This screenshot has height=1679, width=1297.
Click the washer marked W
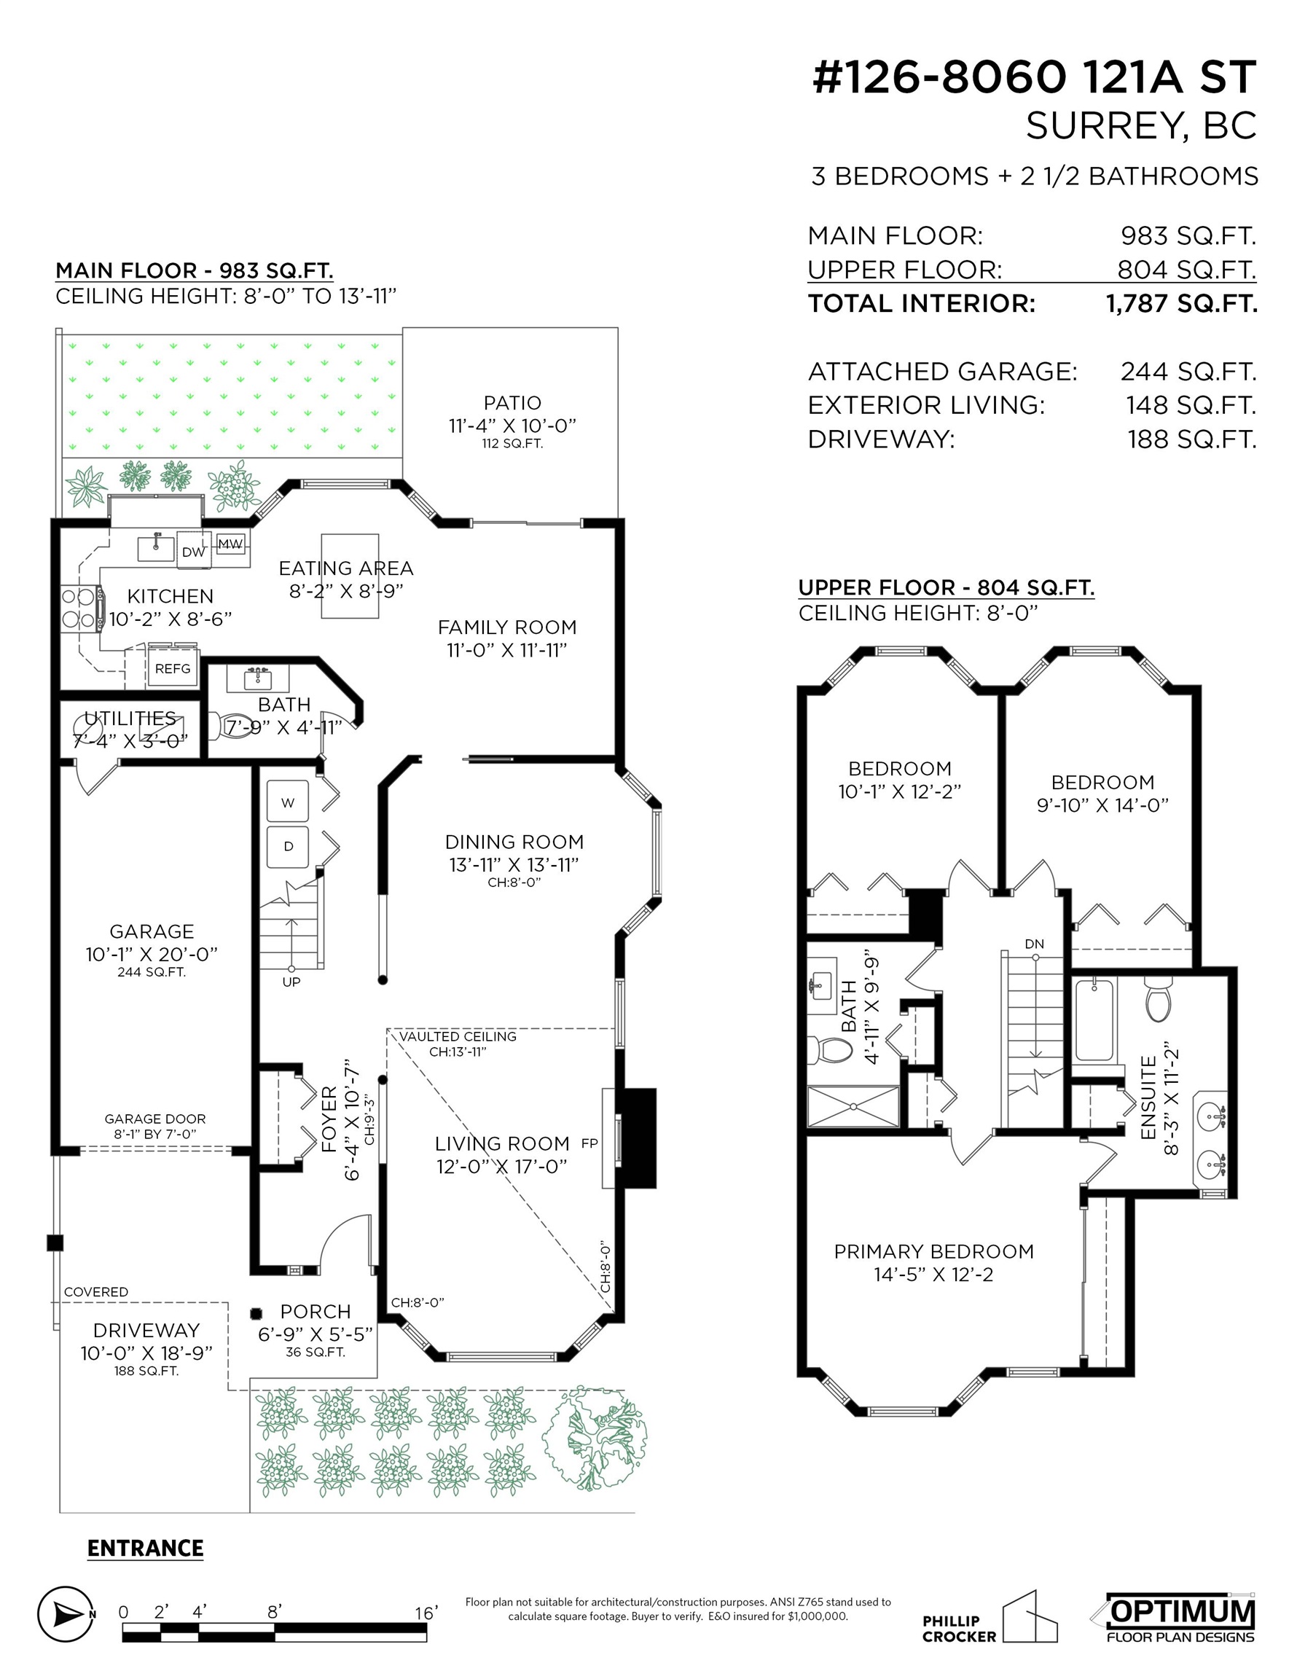[288, 802]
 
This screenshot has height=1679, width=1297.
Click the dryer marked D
[288, 846]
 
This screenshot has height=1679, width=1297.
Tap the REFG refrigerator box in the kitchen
[173, 669]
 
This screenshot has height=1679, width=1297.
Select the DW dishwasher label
[194, 552]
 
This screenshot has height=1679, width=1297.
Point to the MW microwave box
[230, 544]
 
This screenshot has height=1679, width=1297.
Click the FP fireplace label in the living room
[589, 1143]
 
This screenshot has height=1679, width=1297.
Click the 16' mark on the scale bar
[426, 1612]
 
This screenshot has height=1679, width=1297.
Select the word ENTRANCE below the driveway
[145, 1548]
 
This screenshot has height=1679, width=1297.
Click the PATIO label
[512, 403]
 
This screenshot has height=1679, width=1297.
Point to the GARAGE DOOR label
[155, 1119]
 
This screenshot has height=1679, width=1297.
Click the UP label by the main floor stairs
[291, 982]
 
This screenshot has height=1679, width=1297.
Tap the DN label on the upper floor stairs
[1034, 944]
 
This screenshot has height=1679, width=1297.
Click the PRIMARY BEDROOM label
[933, 1251]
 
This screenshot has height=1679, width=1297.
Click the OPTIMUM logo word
[1183, 1611]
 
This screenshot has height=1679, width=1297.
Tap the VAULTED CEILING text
[458, 1036]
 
